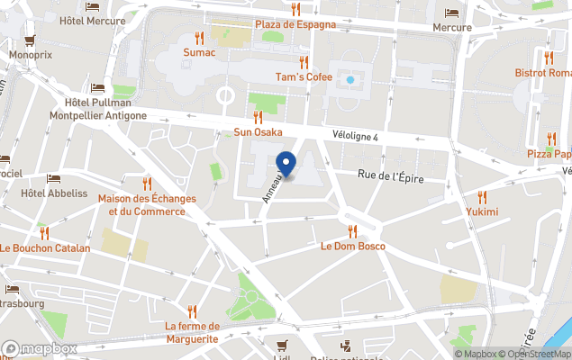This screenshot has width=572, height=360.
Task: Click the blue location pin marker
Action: coord(286,164)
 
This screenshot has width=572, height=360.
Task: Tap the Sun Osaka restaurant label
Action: coord(259,131)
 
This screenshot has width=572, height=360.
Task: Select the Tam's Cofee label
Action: coord(304,76)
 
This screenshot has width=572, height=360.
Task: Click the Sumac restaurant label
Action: coord(199,52)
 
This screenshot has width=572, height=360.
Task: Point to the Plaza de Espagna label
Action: coord(295,24)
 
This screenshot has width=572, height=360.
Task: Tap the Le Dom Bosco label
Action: coord(353,246)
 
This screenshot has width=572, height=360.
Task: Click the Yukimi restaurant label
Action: coord(482,211)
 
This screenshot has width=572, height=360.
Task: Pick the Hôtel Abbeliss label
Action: coord(54,193)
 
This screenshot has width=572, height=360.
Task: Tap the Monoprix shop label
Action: coord(32,54)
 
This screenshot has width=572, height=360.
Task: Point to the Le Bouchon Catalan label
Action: coord(45,247)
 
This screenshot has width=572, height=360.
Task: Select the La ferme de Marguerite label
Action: coord(191,332)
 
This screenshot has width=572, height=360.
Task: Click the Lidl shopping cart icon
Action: coord(282,345)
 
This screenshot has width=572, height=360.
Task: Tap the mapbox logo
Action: coord(40,348)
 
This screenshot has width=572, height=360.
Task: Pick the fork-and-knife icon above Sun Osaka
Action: coord(259,117)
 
